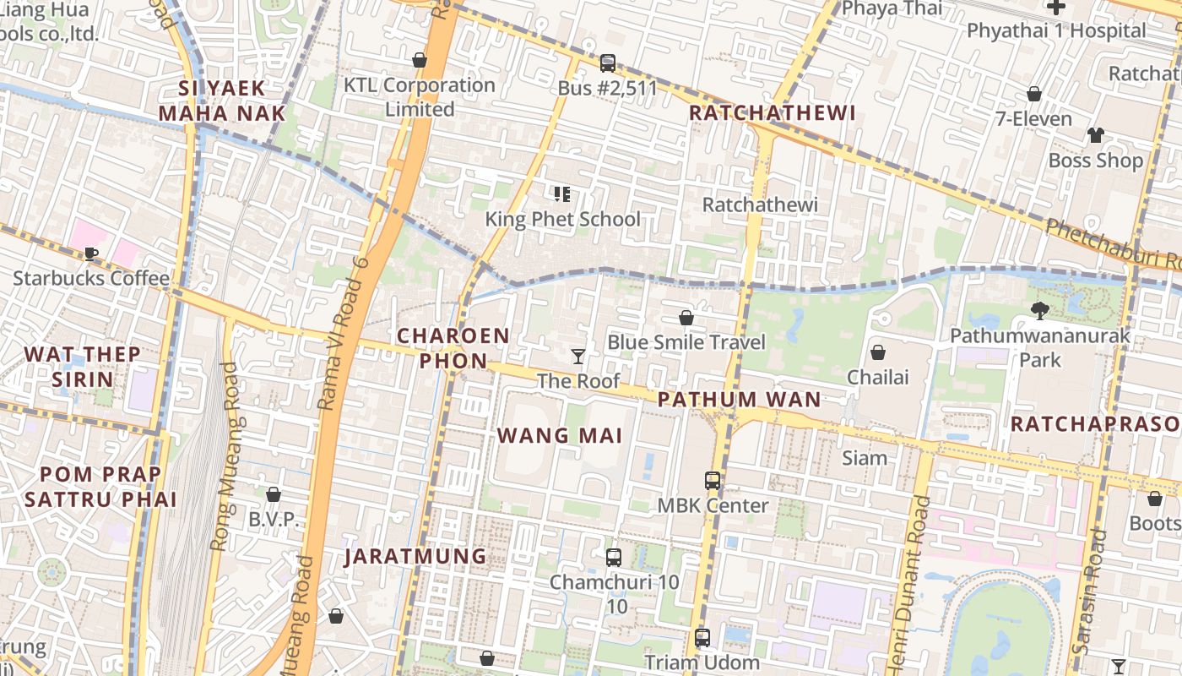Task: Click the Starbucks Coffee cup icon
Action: [x=91, y=253]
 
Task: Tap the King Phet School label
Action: [x=562, y=219]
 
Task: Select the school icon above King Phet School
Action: [x=562, y=195]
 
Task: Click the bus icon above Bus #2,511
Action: [x=607, y=63]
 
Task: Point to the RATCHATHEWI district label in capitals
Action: [x=772, y=113]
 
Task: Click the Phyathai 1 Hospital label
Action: [x=1056, y=31]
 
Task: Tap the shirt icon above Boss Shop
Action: [x=1095, y=135]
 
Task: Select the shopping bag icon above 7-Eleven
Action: [x=1033, y=94]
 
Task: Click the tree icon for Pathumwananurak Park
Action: [x=1040, y=311]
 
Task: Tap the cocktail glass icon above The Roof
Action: [x=578, y=357]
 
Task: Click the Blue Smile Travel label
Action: [x=686, y=342]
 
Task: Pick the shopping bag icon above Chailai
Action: [x=878, y=352]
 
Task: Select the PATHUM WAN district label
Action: [x=740, y=400]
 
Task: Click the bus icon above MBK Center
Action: [x=713, y=481]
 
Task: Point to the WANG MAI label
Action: [x=560, y=436]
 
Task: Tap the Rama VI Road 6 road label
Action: [x=344, y=334]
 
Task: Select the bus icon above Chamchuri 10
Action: [x=614, y=558]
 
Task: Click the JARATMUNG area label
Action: [x=415, y=557]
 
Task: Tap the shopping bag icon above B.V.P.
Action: [x=273, y=494]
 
